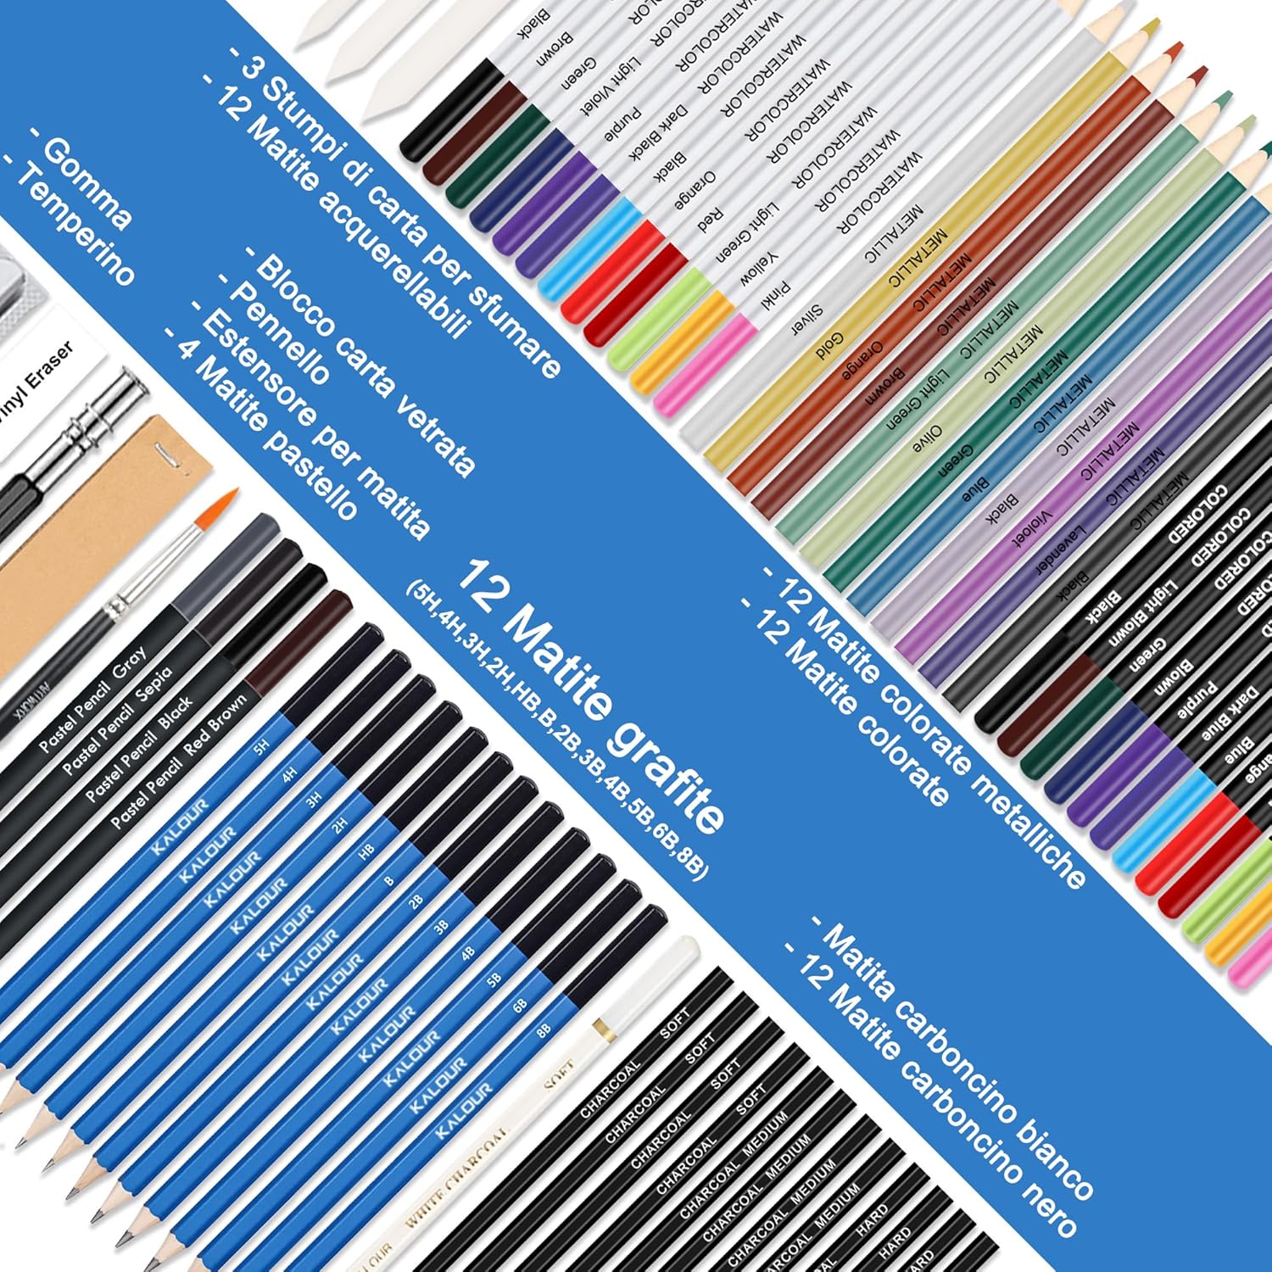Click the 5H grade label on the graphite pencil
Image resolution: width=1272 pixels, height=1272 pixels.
coord(262,747)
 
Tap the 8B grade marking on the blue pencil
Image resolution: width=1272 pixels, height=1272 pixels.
coord(544,1029)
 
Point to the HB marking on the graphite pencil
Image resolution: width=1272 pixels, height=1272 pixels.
coord(366,851)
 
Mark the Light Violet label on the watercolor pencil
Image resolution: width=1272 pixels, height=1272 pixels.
coord(611,87)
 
